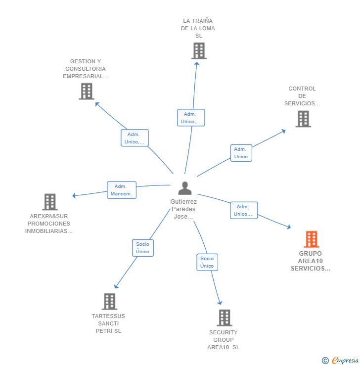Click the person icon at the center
point(184,188)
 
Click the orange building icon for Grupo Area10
point(311,239)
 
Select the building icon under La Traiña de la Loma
point(198,51)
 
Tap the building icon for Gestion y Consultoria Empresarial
point(87,91)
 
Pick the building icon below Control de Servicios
point(303,119)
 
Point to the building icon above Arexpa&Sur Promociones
point(50,202)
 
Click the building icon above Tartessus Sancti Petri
point(109,301)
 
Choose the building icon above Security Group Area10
point(225,318)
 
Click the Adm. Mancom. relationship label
point(121,190)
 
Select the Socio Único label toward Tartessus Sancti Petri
point(142,248)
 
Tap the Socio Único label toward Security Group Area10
point(207,262)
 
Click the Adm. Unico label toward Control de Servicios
point(241,153)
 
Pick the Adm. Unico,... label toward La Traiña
point(191,118)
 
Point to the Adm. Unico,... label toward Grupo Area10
point(243,210)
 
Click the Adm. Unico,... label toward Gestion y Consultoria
point(135,138)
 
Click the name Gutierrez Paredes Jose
point(183,209)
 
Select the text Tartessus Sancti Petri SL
point(108,323)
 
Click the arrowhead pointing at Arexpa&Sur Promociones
point(74,196)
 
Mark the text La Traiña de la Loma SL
point(198,28)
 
